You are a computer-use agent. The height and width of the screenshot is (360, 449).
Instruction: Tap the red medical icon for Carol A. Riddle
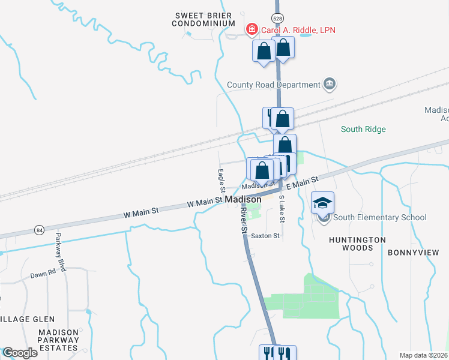(x=252, y=29)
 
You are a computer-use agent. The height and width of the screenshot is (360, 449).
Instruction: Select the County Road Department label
(x=274, y=85)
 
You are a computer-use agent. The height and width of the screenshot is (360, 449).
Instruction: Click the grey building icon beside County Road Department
(x=329, y=84)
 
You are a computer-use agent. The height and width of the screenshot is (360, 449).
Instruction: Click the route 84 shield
(x=40, y=229)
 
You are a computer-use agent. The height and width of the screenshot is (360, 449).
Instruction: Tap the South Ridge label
(x=363, y=129)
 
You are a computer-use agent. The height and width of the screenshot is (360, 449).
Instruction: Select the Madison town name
(x=243, y=199)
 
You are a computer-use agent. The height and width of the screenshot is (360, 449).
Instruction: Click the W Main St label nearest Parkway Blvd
(x=141, y=212)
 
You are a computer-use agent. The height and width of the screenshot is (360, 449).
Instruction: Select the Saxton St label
(x=266, y=236)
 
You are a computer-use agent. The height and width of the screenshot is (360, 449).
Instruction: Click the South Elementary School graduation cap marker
(x=323, y=203)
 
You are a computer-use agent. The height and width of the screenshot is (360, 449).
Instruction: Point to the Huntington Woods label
(x=357, y=244)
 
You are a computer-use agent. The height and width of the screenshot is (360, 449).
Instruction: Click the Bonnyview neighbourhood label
(x=414, y=253)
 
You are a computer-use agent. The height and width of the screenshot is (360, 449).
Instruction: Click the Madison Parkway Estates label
(x=58, y=340)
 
